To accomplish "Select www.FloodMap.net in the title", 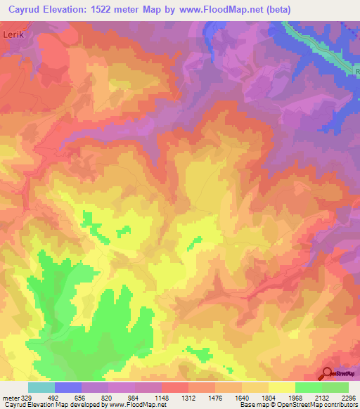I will (216, 10).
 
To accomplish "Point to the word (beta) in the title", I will (275, 10).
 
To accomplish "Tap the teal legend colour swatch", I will (41, 387).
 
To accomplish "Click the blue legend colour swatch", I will (67, 387).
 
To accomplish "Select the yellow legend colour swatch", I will (281, 387).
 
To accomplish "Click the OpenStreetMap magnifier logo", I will (327, 373).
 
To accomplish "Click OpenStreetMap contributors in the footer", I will (321, 405).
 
